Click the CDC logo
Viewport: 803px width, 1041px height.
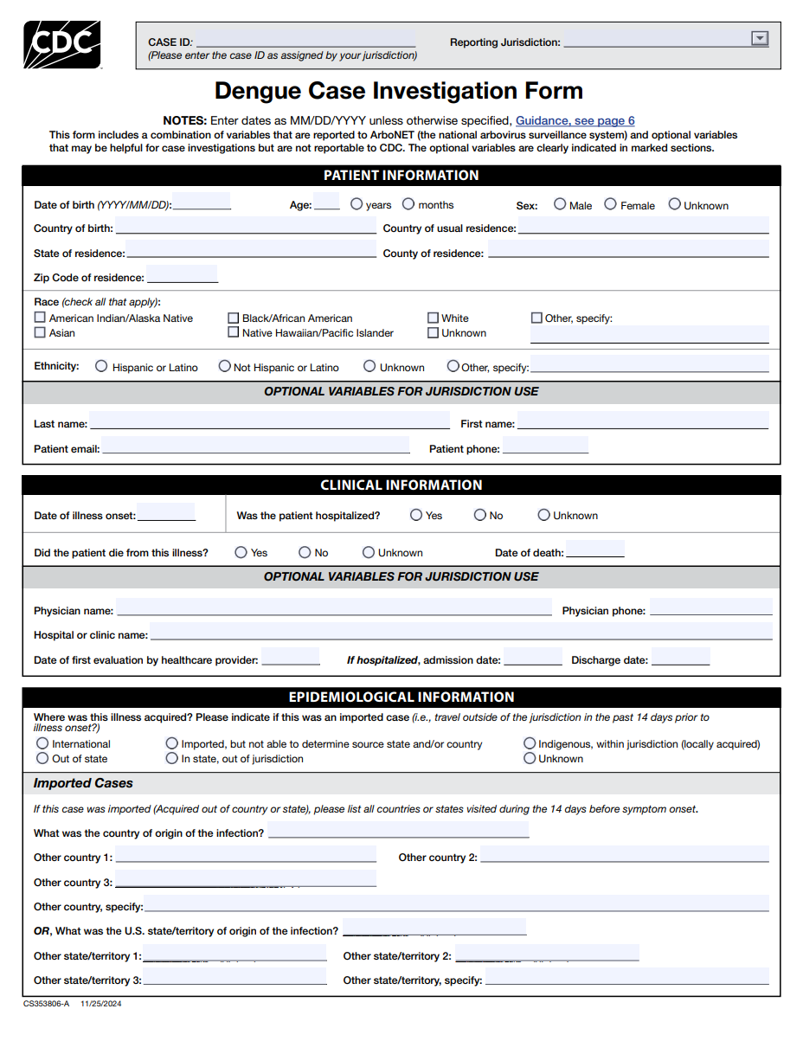pos(61,44)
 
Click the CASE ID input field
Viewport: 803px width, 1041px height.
pos(305,41)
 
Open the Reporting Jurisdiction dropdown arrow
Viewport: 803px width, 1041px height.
pos(760,38)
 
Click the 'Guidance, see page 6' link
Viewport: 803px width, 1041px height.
pos(575,121)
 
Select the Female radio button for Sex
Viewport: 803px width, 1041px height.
pos(610,204)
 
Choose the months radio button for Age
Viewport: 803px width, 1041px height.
pos(408,204)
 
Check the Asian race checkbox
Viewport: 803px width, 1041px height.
pos(40,332)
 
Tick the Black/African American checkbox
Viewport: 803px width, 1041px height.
pos(234,318)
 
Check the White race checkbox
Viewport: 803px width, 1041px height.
pos(433,318)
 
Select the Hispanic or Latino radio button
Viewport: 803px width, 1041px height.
pos(102,366)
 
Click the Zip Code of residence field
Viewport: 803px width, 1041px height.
pos(182,276)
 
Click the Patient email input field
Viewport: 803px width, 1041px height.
pos(255,447)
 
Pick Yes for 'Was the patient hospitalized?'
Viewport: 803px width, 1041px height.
pos(416,515)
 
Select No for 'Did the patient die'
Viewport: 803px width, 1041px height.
pos(305,552)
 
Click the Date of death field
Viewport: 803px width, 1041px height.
pos(594,551)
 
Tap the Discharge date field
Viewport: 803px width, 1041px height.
pos(680,659)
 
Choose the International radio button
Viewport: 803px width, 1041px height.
pos(42,743)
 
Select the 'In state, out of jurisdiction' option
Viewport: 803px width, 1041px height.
pos(171,758)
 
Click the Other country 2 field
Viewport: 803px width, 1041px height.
pos(624,856)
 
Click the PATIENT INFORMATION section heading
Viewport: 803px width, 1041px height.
pos(401,176)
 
